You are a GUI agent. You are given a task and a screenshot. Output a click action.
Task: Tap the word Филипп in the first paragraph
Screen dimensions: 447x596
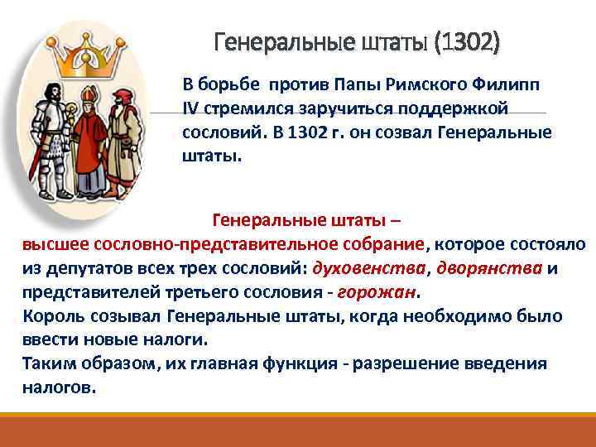[x=514, y=86]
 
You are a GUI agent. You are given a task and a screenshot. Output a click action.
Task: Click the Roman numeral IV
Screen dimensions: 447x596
[x=192, y=110]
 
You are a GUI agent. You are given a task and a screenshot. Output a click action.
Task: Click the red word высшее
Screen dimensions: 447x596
[x=55, y=245]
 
